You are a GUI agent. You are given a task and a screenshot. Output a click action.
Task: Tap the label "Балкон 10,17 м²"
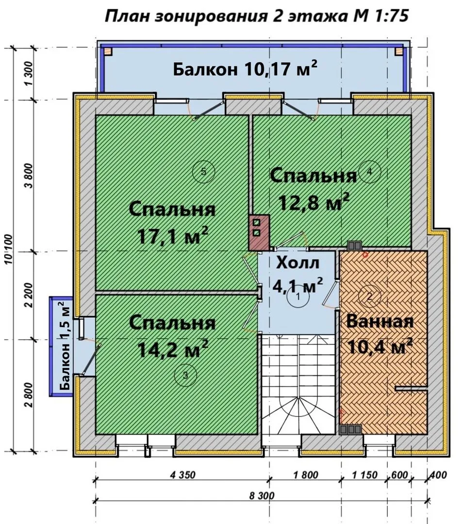click(245, 69)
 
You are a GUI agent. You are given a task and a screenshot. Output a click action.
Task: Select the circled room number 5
click(203, 172)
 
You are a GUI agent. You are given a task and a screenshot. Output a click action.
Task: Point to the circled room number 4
click(369, 172)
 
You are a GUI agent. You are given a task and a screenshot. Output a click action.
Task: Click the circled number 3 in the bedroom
click(186, 376)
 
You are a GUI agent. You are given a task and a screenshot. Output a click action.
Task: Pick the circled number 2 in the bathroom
click(369, 296)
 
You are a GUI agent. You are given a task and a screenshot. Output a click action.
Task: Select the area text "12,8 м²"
click(314, 201)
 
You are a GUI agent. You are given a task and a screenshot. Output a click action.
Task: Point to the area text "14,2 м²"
click(173, 348)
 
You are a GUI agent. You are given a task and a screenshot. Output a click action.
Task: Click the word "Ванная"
click(380, 322)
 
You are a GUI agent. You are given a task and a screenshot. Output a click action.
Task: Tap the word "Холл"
click(298, 263)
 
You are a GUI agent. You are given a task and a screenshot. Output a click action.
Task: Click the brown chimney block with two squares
click(259, 232)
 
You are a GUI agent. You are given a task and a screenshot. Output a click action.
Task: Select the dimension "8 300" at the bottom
click(262, 495)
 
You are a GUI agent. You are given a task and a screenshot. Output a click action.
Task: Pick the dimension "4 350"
click(182, 475)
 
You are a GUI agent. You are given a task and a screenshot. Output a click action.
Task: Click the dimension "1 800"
click(306, 475)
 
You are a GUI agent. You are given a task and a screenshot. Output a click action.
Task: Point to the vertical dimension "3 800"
click(30, 176)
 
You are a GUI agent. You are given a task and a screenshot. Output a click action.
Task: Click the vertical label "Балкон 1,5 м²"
click(65, 346)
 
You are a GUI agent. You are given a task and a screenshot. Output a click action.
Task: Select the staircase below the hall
click(298, 384)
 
